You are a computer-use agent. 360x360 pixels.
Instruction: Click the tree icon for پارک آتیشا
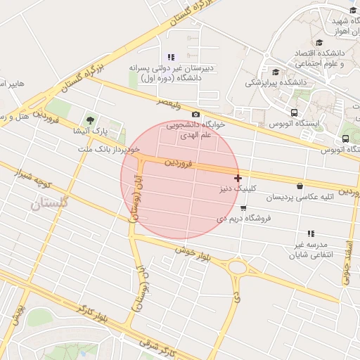click(x=89, y=119)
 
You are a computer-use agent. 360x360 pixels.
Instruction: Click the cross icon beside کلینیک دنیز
click(x=238, y=179)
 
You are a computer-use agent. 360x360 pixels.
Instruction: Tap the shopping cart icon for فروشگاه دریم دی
click(x=243, y=208)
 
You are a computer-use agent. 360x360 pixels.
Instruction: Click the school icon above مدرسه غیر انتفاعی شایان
click(x=310, y=233)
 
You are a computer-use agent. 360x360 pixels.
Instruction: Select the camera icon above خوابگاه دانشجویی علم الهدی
click(x=195, y=115)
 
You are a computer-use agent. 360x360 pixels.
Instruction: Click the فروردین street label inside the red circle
click(x=179, y=163)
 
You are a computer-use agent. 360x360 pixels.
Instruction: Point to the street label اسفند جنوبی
click(x=347, y=262)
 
